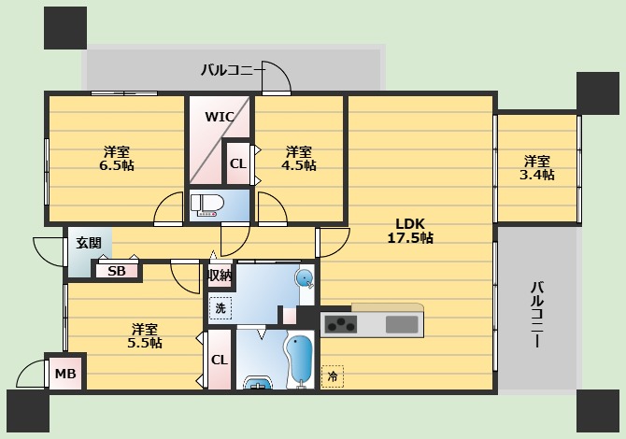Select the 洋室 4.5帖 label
click(299, 158)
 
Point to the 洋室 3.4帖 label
click(537, 167)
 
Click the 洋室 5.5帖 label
click(145, 335)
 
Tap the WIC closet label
click(220, 118)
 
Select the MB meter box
click(65, 374)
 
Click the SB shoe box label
click(116, 272)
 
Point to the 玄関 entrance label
click(89, 243)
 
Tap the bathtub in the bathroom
click(301, 360)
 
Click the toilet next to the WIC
click(207, 205)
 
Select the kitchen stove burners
click(339, 325)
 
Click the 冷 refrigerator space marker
click(332, 376)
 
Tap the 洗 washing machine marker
click(220, 306)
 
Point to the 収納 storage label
click(220, 276)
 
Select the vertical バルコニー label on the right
click(537, 315)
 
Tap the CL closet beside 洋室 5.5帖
click(219, 360)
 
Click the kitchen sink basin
click(402, 324)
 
